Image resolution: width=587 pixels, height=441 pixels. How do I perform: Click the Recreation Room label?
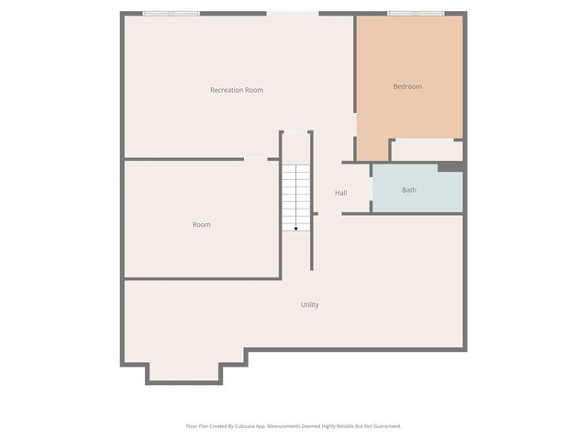237,90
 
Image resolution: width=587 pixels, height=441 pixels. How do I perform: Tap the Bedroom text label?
407,86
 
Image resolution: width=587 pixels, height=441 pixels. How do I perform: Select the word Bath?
409,190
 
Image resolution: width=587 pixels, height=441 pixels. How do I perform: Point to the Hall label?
341,193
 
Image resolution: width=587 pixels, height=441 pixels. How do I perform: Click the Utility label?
310,304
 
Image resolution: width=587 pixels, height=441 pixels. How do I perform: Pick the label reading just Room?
202,224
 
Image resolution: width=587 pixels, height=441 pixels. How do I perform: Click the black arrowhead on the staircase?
295,228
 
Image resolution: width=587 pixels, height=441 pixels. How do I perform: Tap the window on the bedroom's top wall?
415,14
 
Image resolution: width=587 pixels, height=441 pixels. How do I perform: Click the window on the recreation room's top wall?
171,14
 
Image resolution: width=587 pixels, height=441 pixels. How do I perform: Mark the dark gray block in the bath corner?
449,167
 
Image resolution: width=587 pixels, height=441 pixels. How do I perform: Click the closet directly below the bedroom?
426,150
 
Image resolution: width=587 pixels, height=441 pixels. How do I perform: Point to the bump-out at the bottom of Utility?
184,370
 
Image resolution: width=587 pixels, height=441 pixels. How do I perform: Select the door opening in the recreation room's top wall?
293,14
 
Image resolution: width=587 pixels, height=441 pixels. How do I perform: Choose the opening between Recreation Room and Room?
256,159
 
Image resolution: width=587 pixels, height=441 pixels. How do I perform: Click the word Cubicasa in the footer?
244,426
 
